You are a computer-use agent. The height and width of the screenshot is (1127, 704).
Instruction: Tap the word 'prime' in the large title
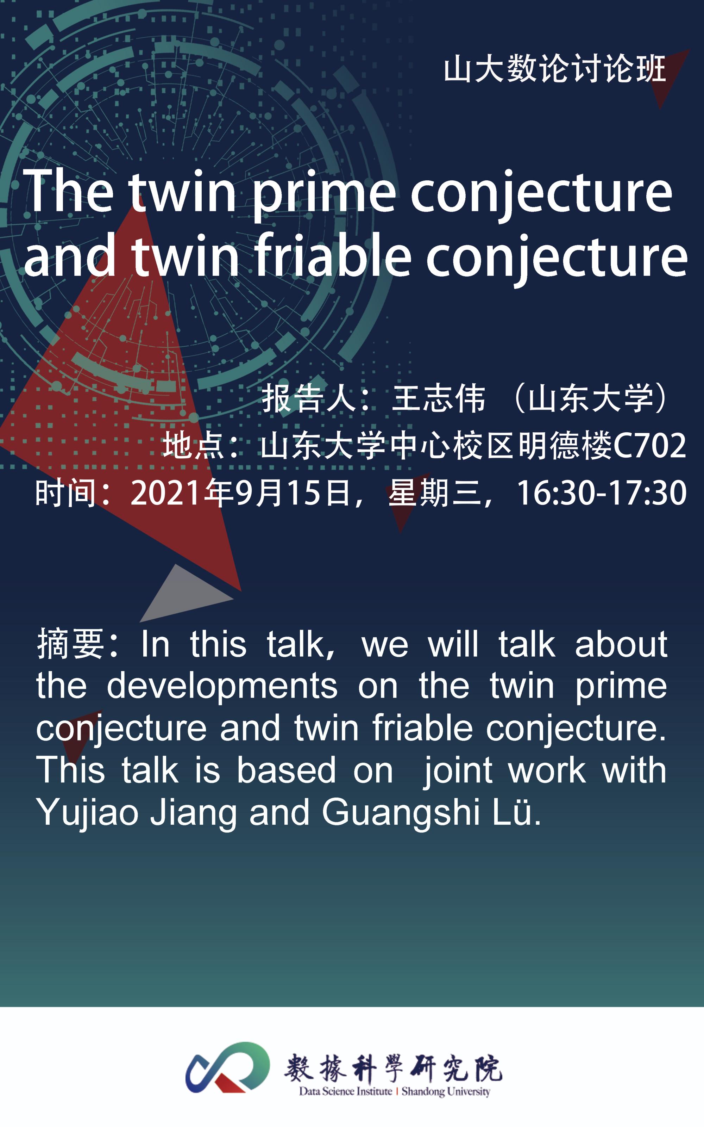tap(324, 192)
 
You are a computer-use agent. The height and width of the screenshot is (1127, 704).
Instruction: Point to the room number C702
tap(650, 446)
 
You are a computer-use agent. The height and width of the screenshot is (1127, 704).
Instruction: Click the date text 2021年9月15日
tap(241, 493)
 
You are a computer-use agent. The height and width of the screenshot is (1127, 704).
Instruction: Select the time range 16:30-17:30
tap(602, 493)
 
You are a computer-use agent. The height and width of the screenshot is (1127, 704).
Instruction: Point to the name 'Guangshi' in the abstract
tap(401, 813)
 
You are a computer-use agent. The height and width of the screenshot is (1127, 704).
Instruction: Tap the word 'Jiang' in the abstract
tap(194, 813)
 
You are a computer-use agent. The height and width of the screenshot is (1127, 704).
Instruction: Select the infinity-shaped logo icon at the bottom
tap(228, 1067)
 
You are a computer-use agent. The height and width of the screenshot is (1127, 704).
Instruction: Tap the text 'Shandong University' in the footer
tap(446, 1091)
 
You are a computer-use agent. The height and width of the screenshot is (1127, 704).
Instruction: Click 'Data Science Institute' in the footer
tap(345, 1091)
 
